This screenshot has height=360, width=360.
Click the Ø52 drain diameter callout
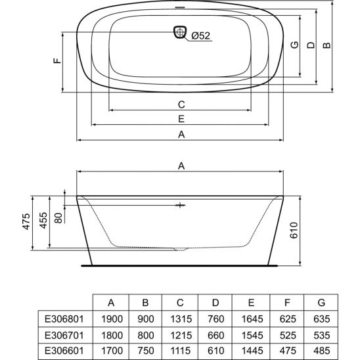coord(200,35)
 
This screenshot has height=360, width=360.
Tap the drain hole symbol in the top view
coord(180,32)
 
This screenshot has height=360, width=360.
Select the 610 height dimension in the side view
coord(294,231)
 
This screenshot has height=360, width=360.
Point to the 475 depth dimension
coord(26,221)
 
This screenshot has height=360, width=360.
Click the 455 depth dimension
coord(43,221)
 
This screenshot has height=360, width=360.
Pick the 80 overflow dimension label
coord(58,218)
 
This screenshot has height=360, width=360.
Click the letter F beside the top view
coord(57,60)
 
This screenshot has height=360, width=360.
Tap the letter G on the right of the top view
coord(294,45)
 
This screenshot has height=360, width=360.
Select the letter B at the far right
coord(326,45)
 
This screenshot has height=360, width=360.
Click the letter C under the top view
coord(181,104)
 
